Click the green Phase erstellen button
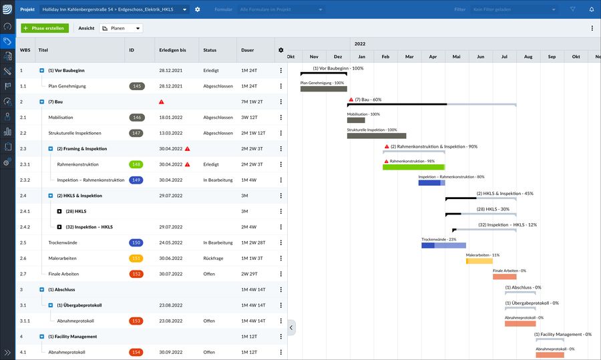(x=45, y=29)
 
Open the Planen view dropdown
(x=121, y=29)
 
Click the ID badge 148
(x=136, y=164)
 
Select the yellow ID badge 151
(x=136, y=258)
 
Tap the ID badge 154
(x=136, y=352)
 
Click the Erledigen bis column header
(x=172, y=50)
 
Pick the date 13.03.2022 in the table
(x=171, y=133)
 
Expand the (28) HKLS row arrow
(x=59, y=211)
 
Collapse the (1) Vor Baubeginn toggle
(x=41, y=70)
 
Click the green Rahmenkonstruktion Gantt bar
(x=413, y=167)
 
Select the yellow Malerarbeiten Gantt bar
(x=479, y=260)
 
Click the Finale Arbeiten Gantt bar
(x=504, y=277)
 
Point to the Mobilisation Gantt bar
(x=356, y=120)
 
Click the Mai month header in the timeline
(x=456, y=57)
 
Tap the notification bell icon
(x=591, y=9)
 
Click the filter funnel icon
(x=572, y=9)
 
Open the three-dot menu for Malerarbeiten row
(x=281, y=258)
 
